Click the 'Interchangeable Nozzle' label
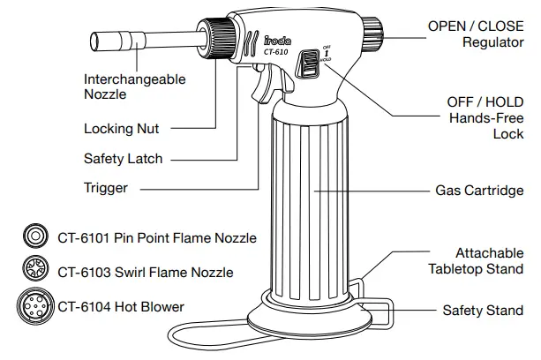[x=134, y=86]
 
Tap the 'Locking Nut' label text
[x=121, y=128]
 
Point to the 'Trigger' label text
[x=106, y=187]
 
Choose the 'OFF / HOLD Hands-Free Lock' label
[x=485, y=117]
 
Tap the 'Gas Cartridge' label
[x=479, y=190]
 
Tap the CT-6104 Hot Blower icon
[x=35, y=307]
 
